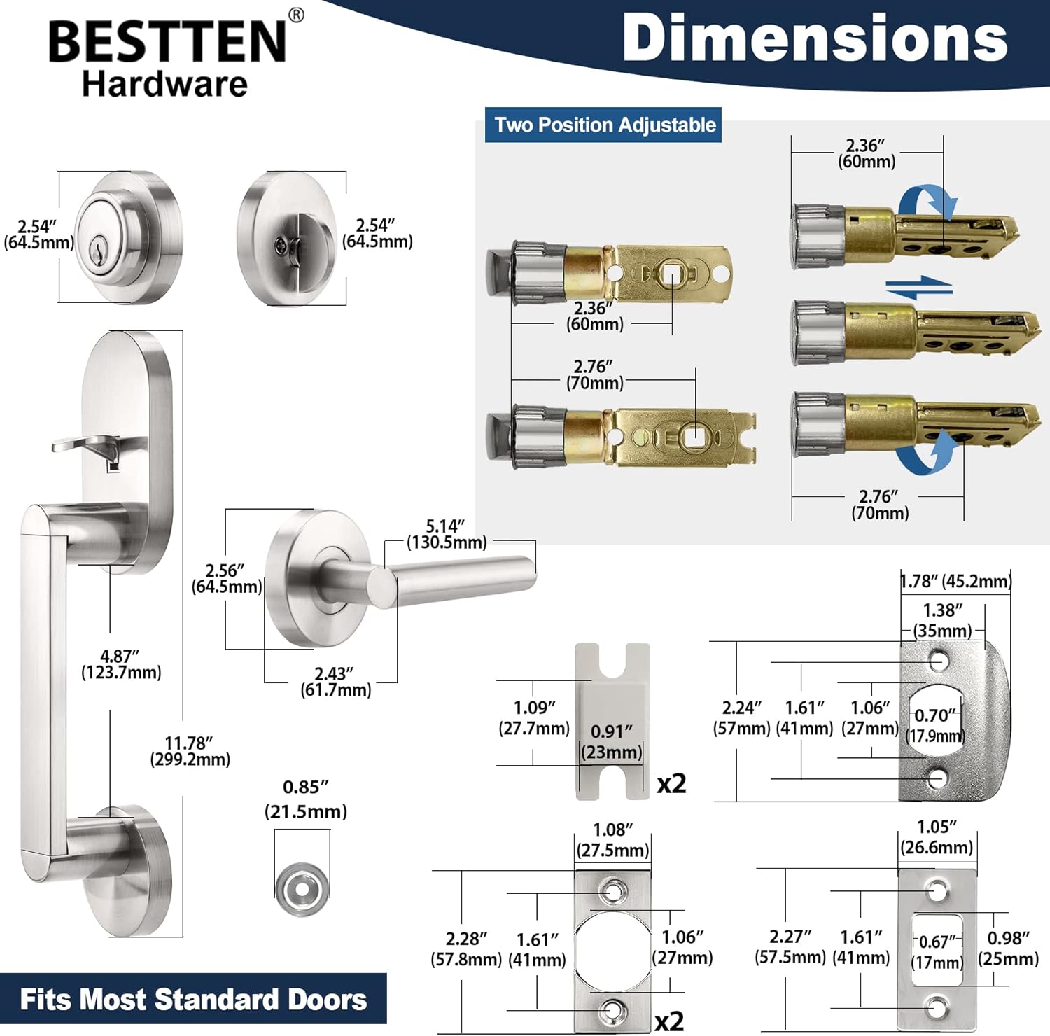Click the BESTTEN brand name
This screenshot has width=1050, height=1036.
pos(168,41)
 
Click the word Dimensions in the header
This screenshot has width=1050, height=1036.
pos(815,38)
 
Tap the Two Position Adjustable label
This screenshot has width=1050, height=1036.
pos(604,125)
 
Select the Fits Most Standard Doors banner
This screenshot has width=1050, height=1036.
pos(193,999)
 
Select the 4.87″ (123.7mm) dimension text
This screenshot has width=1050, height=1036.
pos(121,664)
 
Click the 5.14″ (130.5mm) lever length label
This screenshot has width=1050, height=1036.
pos(447,534)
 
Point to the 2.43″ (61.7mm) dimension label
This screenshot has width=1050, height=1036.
pos(335,682)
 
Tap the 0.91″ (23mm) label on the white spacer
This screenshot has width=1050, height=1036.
pos(612,742)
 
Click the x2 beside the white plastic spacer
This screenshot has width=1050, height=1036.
pos(671,784)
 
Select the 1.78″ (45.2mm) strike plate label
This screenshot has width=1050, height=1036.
pos(956,581)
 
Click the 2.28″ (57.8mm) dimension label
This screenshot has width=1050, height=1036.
pos(466,948)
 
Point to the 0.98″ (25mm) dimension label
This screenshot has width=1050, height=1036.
pos(1008,948)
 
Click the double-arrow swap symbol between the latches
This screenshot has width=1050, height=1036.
pos(918,287)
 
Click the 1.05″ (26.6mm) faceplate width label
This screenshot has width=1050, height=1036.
pos(937,837)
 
